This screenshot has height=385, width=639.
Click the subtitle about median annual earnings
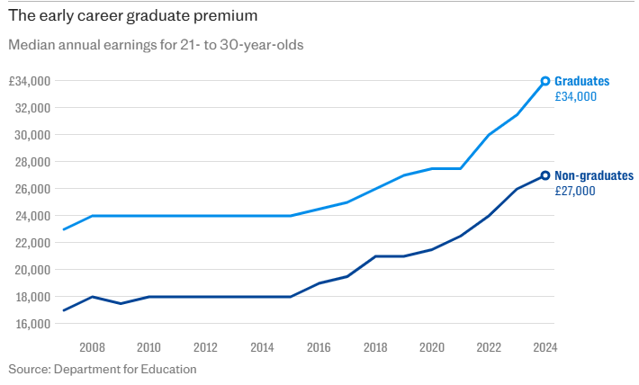[155, 45]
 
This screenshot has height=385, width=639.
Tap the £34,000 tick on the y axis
[30, 81]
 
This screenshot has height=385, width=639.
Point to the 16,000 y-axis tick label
[32, 324]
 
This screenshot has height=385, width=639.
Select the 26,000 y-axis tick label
[32, 189]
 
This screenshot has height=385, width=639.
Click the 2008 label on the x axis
[92, 347]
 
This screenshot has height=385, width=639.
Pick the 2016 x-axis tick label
[319, 347]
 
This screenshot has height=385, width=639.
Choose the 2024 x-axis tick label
[544, 347]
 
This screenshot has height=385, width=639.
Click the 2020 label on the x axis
[432, 347]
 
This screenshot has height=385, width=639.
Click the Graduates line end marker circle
[545, 81]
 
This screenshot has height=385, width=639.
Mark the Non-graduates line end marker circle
[545, 175]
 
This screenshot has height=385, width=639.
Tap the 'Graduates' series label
[581, 81]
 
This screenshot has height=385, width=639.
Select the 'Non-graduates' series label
[594, 175]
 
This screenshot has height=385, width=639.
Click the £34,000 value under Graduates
[576, 96]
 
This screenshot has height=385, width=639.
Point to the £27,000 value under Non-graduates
[575, 191]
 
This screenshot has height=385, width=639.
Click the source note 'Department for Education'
[125, 369]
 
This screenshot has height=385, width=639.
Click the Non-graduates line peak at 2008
[92, 297]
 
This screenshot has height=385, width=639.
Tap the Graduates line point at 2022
[489, 135]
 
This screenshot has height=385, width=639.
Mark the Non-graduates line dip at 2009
[121, 303]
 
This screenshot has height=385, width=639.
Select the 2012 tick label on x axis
[205, 347]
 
